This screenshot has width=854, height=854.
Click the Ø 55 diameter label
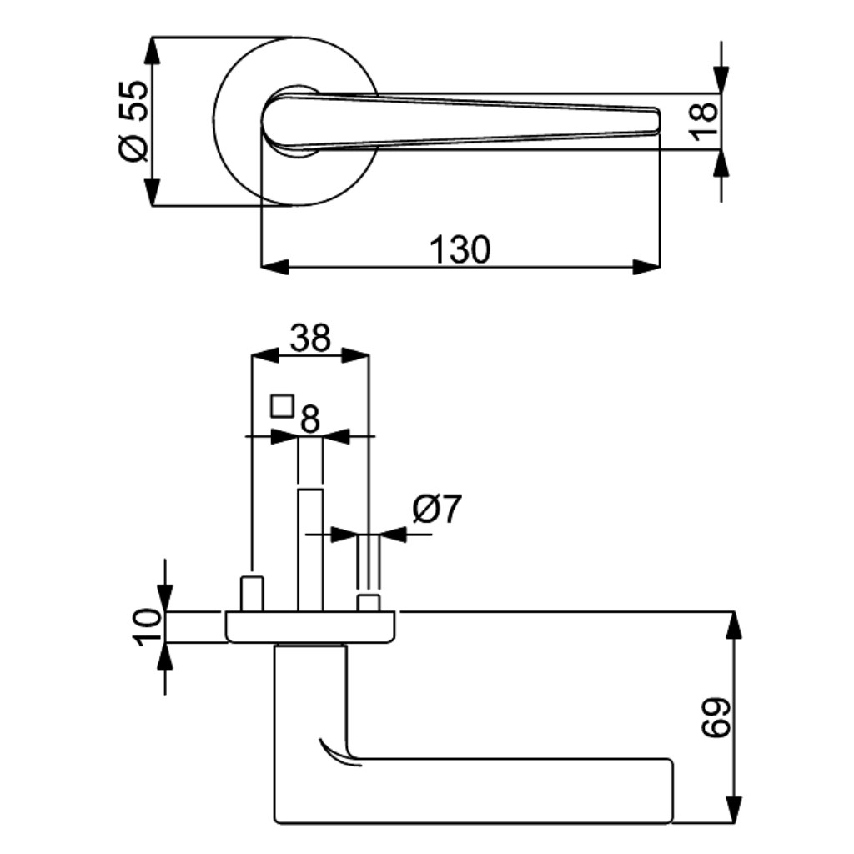click(133, 122)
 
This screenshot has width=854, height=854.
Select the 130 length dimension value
click(460, 250)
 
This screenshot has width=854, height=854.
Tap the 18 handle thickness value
click(704, 122)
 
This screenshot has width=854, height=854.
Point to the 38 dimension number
click(310, 338)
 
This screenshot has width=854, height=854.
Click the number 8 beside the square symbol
click(310, 419)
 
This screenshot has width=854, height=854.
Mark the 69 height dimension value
click(715, 718)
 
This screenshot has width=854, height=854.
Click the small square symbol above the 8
click(282, 406)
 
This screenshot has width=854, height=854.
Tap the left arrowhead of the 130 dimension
click(274, 268)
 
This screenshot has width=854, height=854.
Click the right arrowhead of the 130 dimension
click(646, 268)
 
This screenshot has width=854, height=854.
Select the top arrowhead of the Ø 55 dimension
click(152, 51)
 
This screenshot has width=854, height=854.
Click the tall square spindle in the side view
click(310, 550)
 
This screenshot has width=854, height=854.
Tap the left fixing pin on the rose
click(252, 593)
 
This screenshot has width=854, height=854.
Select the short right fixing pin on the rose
click(368, 603)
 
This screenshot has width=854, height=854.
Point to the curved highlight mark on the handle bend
click(339, 754)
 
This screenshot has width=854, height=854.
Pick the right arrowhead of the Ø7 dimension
click(393, 535)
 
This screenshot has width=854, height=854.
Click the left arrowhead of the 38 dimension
click(265, 357)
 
